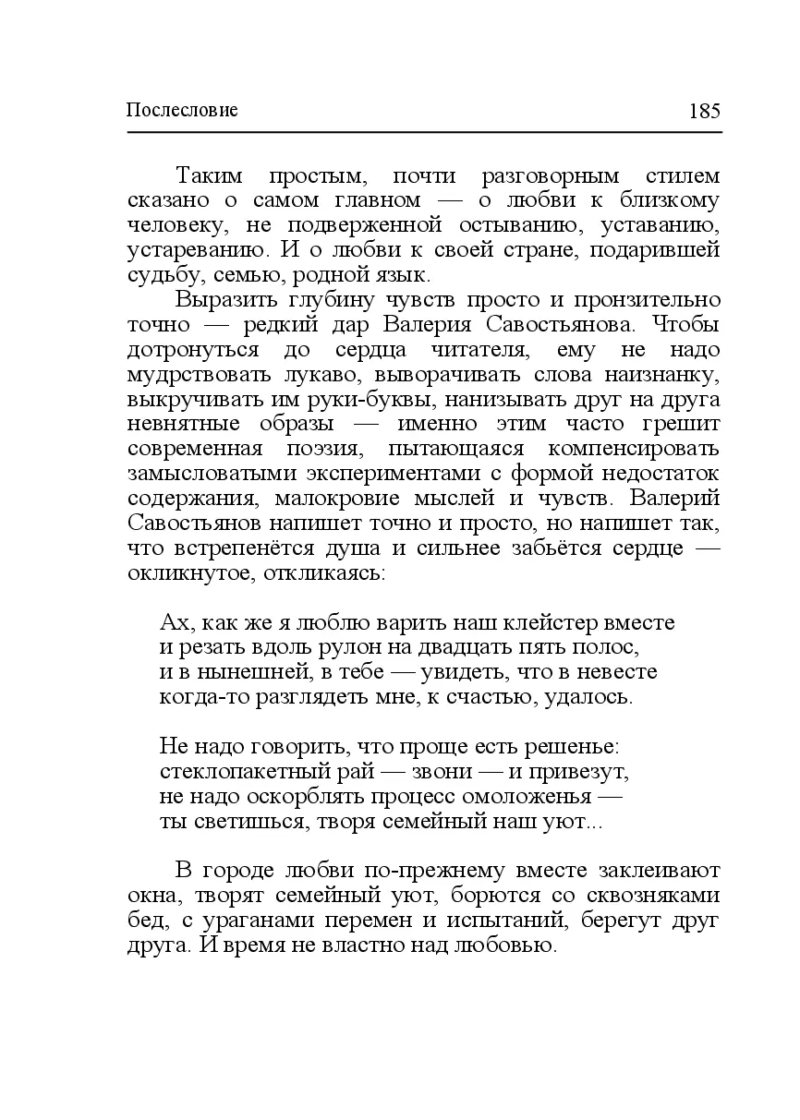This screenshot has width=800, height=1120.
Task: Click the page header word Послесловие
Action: (182, 111)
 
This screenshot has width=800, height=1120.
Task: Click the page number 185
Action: (704, 111)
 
